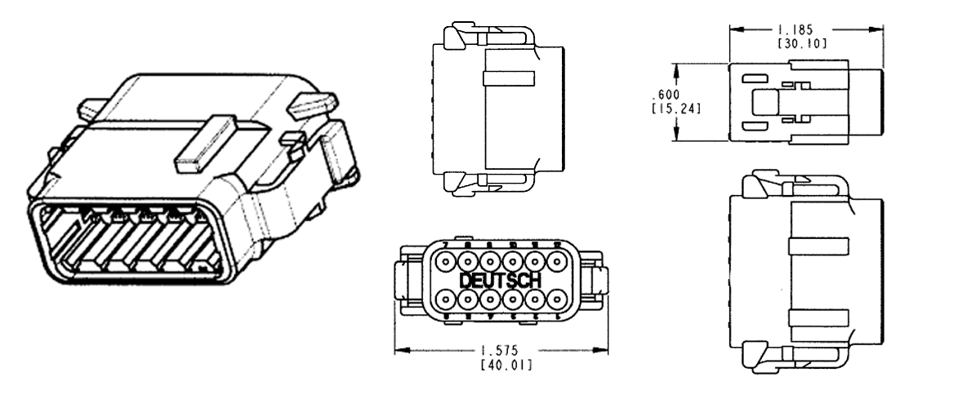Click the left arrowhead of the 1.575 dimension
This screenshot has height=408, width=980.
click(x=399, y=352)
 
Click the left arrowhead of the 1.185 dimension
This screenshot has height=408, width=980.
click(x=733, y=29)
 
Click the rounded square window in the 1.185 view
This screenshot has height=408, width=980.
click(x=764, y=104)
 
